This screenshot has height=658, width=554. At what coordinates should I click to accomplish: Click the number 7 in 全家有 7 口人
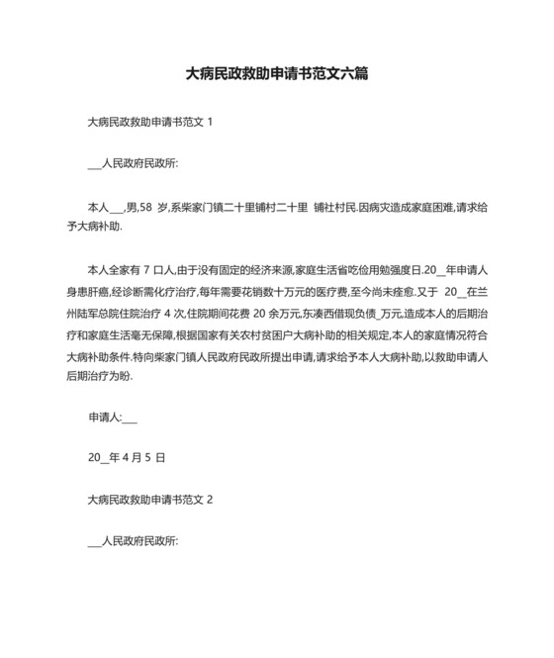coord(145,268)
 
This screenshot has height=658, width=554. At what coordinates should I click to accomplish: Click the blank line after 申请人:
coord(130,418)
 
